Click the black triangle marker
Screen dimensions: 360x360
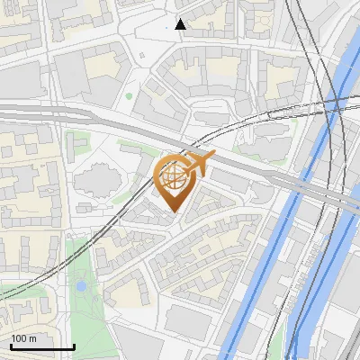point(180,23)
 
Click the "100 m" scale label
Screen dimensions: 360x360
point(23,338)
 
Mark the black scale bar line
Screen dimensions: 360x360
point(41,346)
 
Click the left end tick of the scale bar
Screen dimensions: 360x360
point(10,344)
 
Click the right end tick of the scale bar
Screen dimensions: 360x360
point(74,344)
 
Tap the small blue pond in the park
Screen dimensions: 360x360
point(81,286)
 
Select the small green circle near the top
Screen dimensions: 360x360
point(129,95)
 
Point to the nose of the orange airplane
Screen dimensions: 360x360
point(213,156)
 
